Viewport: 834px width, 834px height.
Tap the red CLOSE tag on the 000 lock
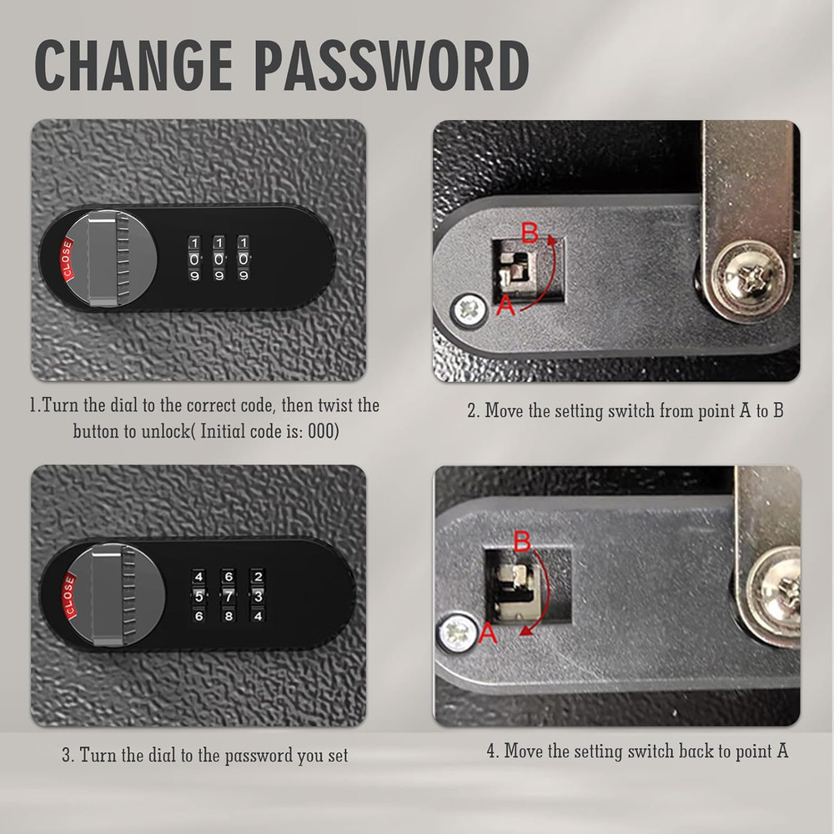point(64,259)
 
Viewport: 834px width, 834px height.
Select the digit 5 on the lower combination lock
point(198,596)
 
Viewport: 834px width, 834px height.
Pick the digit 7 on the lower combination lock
point(229,596)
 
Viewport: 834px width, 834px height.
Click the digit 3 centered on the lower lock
point(258,596)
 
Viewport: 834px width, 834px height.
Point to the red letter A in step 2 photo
point(505,306)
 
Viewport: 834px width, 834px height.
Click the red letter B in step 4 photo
point(523,543)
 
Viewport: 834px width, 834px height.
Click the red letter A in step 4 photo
point(490,636)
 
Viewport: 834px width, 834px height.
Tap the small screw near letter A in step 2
point(469,312)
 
